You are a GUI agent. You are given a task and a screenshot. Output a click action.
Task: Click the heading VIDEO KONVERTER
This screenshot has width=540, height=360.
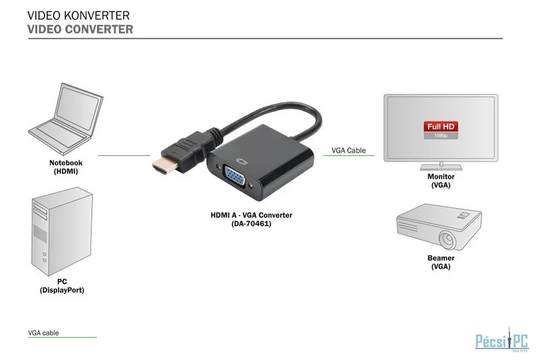[78, 16]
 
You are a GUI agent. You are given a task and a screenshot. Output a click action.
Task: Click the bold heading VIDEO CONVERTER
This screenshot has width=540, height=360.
[80, 29]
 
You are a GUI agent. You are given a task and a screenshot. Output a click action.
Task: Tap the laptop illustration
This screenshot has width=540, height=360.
[65, 119]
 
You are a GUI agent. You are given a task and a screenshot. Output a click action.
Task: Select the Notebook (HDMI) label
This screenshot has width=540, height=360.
[65, 167]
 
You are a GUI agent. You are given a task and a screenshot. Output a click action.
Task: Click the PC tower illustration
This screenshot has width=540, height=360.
[62, 231]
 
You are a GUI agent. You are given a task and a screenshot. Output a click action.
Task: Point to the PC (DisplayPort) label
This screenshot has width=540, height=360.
[62, 286]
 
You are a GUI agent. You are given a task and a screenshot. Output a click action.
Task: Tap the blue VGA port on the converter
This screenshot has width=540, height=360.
[234, 177]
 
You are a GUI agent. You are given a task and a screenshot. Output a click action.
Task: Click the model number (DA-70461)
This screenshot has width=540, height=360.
[251, 224]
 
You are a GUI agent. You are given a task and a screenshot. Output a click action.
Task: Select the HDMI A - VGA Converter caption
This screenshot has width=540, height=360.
[251, 215]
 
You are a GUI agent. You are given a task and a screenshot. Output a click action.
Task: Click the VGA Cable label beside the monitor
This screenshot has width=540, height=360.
[348, 151]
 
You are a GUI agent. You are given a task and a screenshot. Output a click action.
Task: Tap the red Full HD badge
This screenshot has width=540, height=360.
[441, 126]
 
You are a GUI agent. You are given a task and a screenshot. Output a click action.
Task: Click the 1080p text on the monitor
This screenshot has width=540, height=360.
[441, 136]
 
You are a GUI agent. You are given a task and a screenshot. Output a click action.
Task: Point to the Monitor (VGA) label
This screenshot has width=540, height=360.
[441, 181]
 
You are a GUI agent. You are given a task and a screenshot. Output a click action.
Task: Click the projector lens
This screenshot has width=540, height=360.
[448, 238]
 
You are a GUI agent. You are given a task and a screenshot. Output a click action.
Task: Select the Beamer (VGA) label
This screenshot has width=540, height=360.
[441, 262]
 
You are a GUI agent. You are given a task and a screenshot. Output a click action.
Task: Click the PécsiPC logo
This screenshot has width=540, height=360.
[502, 340]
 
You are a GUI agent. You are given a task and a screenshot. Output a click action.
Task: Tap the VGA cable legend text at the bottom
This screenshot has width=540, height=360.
[43, 333]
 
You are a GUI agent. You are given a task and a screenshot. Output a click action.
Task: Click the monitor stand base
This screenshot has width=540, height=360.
[441, 168]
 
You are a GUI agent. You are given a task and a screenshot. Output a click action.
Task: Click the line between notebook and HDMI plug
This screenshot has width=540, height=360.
[124, 155]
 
